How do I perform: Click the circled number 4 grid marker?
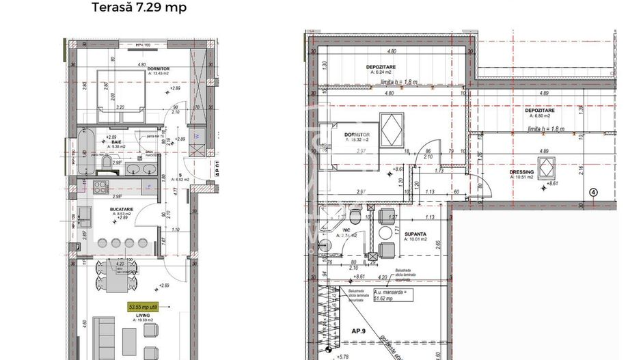593,192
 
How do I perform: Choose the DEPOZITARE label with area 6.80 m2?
539,111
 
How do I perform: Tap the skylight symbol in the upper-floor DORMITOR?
392,128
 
